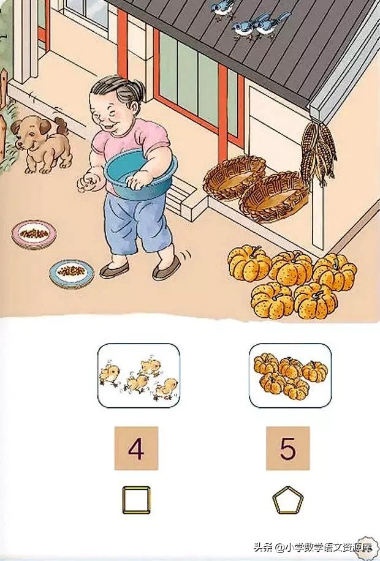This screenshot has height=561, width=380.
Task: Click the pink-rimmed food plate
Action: point(34,235)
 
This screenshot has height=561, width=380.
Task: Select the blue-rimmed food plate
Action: point(72,274)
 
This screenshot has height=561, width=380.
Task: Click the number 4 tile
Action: point(136,448)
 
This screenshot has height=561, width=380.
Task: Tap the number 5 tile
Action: point(287,448)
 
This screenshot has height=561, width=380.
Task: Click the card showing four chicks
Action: point(139,375)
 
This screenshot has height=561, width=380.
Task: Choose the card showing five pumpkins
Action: point(290,375)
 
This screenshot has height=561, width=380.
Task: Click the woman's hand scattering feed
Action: point(86,183)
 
